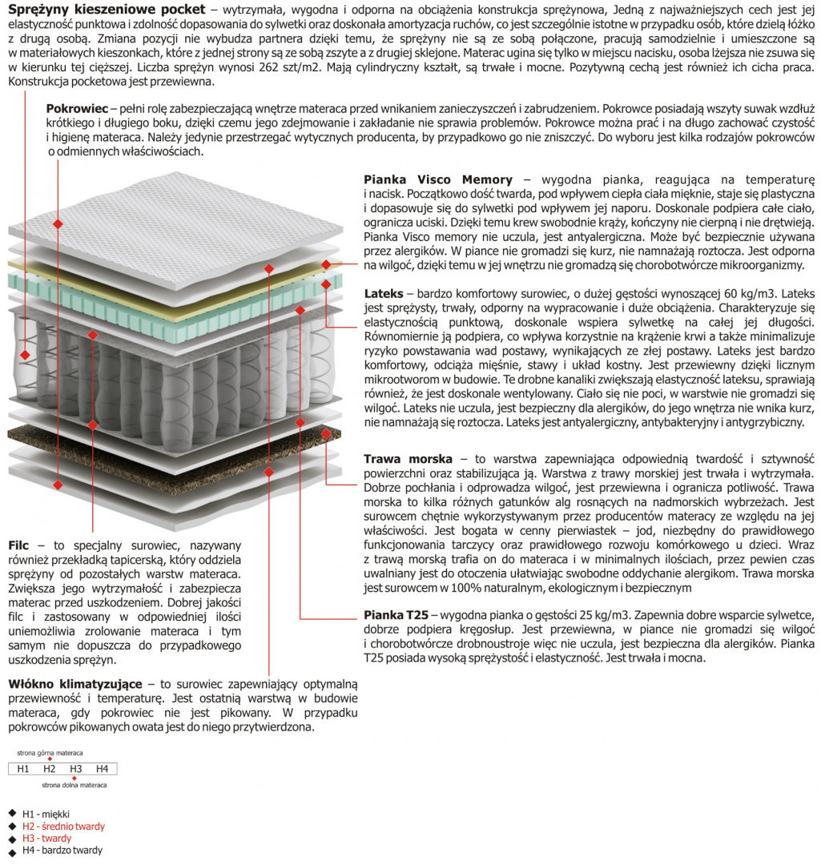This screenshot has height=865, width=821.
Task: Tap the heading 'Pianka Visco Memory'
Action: [437, 179]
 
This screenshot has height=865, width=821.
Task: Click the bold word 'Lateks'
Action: [383, 293]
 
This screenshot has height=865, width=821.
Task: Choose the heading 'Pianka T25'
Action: [396, 615]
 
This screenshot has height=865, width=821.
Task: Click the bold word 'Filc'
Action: [18, 545]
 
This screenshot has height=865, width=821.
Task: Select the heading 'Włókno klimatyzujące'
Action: [75, 684]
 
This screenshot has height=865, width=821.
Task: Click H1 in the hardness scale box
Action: [23, 769]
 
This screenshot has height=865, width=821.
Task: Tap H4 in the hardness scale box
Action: [102, 769]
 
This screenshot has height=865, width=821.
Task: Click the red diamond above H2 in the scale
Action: [50, 759]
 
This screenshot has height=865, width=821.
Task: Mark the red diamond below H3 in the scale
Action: [75, 778]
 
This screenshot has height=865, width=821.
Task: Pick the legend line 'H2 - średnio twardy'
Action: [63, 827]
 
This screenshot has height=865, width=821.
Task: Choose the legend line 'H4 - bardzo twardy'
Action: [62, 850]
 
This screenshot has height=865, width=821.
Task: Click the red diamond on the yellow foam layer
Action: [326, 264]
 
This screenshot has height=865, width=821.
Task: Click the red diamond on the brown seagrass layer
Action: [326, 433]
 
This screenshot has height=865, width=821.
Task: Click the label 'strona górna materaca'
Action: [50, 753]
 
